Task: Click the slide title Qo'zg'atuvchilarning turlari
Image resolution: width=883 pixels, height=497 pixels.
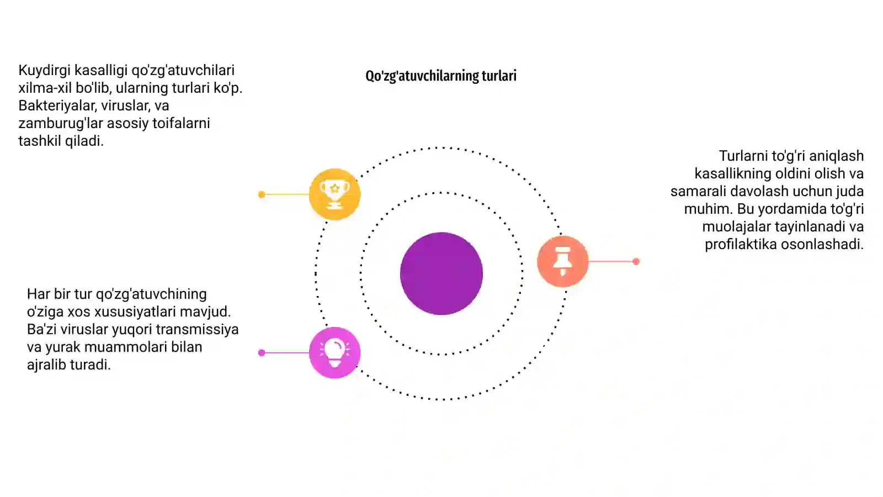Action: tap(441, 76)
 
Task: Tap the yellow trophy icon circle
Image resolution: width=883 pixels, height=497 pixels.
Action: tap(334, 194)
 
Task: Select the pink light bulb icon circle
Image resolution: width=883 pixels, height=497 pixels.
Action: tap(334, 353)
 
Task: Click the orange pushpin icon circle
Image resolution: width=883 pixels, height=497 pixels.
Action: tap(562, 261)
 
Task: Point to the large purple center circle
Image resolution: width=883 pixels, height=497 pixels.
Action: tap(441, 273)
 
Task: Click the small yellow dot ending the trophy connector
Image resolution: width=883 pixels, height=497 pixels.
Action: tap(262, 194)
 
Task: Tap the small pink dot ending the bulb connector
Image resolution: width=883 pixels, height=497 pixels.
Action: tap(262, 353)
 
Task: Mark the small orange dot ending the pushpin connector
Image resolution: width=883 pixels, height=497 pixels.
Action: tap(636, 261)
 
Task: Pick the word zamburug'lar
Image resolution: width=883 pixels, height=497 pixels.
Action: tap(61, 124)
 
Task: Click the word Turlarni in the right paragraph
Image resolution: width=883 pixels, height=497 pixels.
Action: tap(743, 156)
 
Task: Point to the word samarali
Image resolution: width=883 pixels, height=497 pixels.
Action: tap(698, 191)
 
